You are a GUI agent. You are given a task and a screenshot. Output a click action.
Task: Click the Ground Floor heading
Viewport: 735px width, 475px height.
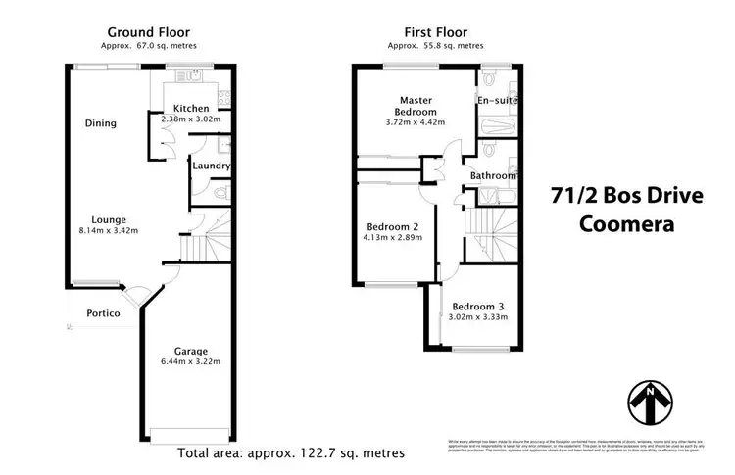(x=150, y=31)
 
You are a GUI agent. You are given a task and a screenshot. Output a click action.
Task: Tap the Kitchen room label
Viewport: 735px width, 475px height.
(x=191, y=108)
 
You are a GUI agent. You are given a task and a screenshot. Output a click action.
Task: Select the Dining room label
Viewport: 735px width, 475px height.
(x=100, y=124)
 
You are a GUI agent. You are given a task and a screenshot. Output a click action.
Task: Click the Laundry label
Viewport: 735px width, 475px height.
(x=212, y=166)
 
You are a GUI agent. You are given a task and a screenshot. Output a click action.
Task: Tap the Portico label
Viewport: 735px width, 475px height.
(x=102, y=313)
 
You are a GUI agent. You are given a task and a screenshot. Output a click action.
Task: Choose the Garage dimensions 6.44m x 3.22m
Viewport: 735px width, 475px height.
(x=190, y=361)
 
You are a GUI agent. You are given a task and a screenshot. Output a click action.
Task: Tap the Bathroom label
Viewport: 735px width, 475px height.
(x=493, y=176)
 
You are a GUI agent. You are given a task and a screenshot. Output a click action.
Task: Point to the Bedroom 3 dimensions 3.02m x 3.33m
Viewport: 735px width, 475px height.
(x=479, y=316)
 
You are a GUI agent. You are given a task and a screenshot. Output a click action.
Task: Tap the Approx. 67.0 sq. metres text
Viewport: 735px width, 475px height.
(x=150, y=46)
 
